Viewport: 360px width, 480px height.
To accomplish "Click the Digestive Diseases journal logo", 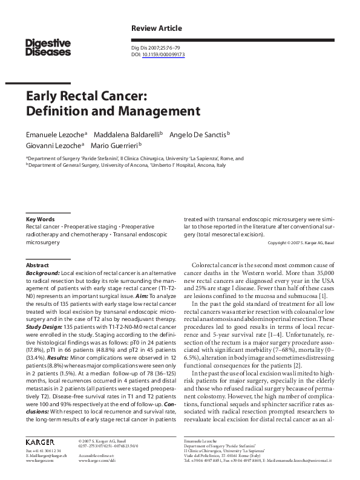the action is click(x=48, y=47).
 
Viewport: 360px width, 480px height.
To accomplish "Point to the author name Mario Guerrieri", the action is click(x=115, y=145).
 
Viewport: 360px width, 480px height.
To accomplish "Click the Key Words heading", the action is click(x=40, y=219).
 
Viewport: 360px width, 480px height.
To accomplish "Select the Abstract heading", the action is click(x=37, y=265).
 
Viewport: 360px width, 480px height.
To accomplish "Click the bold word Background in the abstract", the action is click(x=42, y=273).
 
